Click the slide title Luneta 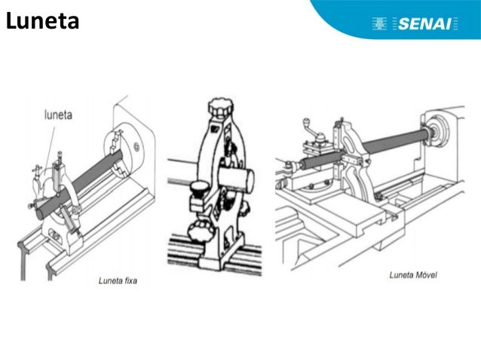[x=42, y=21]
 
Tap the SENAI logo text [x=424, y=24]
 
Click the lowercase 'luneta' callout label [x=58, y=115]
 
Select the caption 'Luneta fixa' [x=118, y=280]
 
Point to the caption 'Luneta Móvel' [x=413, y=275]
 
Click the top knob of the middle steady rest [x=221, y=107]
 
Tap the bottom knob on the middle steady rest [x=199, y=231]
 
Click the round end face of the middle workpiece [x=249, y=181]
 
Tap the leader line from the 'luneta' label [x=51, y=146]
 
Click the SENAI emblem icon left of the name [x=379, y=23]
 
